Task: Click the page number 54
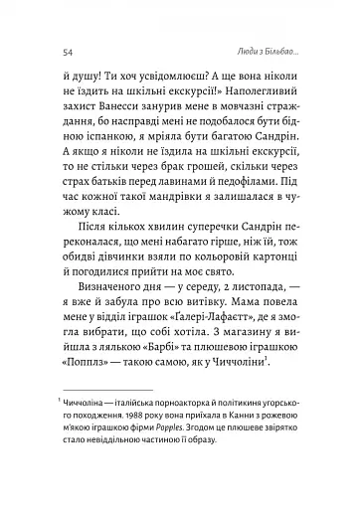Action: (x=66, y=52)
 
